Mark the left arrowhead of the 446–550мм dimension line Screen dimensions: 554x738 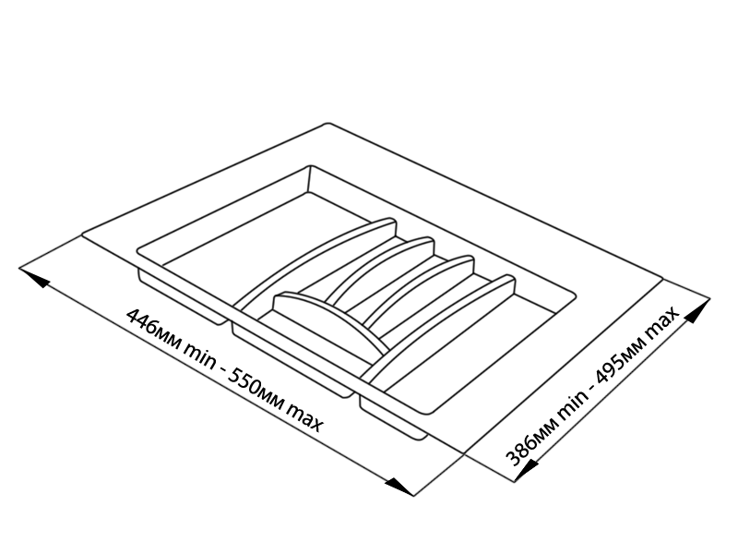click(x=35, y=276)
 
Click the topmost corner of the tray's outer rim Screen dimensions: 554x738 click(x=327, y=124)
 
